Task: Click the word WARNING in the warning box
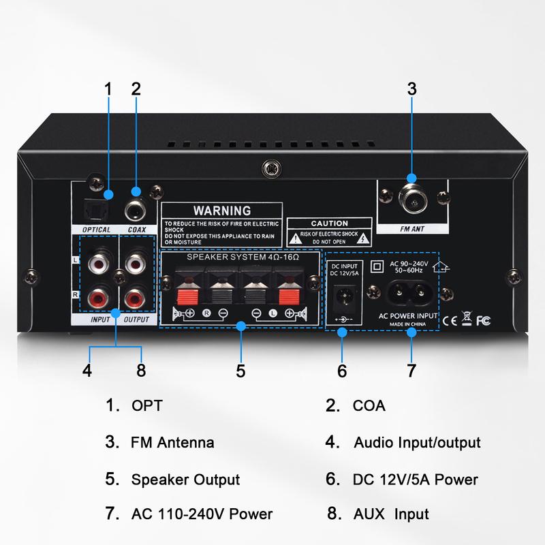222,210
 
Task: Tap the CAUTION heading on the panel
330,223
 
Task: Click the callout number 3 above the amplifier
411,89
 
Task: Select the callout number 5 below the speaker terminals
240,371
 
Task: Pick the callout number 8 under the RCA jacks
142,371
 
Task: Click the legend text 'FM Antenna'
172,442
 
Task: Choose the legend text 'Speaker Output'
185,479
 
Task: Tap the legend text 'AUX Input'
391,514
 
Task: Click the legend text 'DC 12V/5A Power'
416,479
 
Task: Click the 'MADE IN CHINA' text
407,324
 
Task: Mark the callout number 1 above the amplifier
108,89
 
